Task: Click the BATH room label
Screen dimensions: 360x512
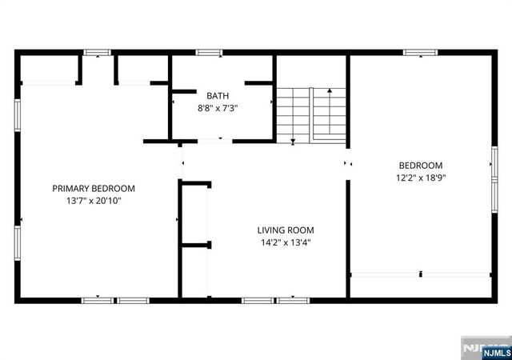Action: pyautogui.click(x=211, y=94)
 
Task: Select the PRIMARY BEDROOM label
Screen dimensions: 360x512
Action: pyautogui.click(x=94, y=189)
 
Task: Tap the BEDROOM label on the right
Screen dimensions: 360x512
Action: pyautogui.click(x=420, y=166)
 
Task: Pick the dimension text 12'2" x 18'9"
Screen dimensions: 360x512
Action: pyautogui.click(x=420, y=178)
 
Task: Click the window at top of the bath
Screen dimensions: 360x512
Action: pyautogui.click(x=209, y=53)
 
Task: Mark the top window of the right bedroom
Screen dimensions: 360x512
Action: pyautogui.click(x=420, y=53)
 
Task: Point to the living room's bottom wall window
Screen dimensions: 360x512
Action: pyautogui.click(x=264, y=300)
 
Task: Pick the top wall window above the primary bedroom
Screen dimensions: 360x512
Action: pyautogui.click(x=98, y=53)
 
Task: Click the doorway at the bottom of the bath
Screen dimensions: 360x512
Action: pyautogui.click(x=210, y=142)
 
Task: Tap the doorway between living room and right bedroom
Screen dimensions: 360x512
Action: pyautogui.click(x=347, y=163)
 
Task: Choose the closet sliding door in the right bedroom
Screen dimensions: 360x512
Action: pyautogui.click(x=420, y=274)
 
